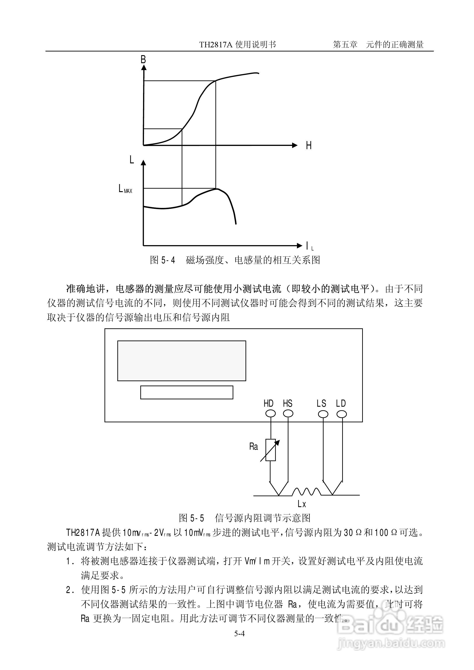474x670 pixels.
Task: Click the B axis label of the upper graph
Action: pyautogui.click(x=143, y=60)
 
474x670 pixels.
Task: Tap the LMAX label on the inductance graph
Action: pyautogui.click(x=125, y=189)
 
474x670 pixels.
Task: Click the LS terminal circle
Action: pyautogui.click(x=323, y=414)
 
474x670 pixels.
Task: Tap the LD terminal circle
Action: pyautogui.click(x=341, y=414)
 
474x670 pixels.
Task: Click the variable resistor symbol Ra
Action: pyautogui.click(x=271, y=450)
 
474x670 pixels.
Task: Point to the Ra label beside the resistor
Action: pyautogui.click(x=253, y=446)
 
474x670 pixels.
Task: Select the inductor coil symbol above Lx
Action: pyautogui.click(x=306, y=492)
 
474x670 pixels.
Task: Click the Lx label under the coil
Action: pyautogui.click(x=302, y=504)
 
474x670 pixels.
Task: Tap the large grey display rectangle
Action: pyautogui.click(x=182, y=361)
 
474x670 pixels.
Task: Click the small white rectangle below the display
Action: pyautogui.click(x=186, y=392)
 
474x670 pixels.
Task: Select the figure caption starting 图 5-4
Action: pyautogui.click(x=235, y=260)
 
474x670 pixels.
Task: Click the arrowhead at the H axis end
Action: pyautogui.click(x=295, y=145)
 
